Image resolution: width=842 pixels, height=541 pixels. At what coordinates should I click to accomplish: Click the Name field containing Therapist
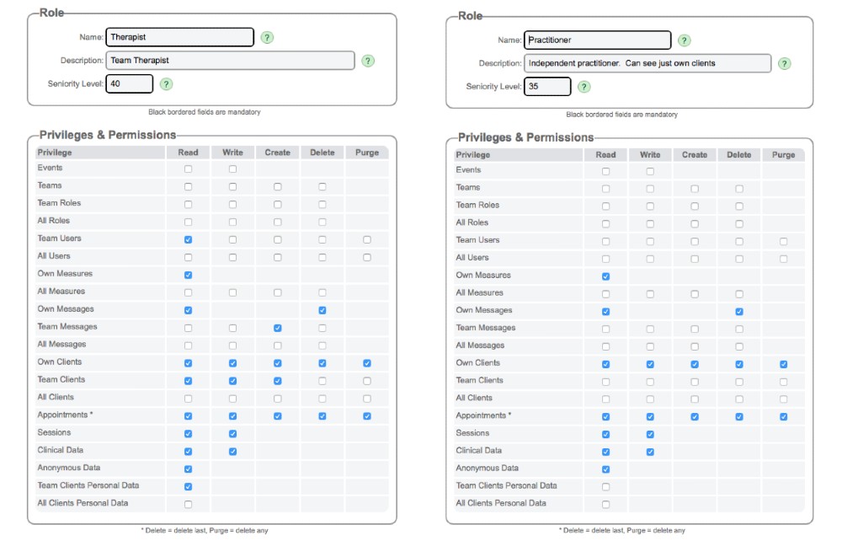179,37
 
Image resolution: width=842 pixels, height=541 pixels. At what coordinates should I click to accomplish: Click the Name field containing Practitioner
597,40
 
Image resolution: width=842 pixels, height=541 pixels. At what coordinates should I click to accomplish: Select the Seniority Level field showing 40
130,83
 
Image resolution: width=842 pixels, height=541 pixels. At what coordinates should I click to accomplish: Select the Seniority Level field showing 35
547,86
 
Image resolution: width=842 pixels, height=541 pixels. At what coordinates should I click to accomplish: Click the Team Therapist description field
230,61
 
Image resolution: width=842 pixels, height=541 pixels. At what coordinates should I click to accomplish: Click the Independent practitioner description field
647,63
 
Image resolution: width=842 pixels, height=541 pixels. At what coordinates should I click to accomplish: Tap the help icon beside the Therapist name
267,38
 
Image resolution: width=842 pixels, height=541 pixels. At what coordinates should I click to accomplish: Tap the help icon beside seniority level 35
584,87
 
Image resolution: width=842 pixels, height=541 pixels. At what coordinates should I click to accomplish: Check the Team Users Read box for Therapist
188,239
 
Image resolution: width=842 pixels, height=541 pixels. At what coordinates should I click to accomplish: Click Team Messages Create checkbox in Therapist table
277,327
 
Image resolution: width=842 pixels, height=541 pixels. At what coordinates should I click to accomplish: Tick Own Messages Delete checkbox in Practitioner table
738,311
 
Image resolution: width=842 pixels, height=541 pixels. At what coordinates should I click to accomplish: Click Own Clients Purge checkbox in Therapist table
366,362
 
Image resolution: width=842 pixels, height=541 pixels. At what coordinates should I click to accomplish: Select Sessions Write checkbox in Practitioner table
650,434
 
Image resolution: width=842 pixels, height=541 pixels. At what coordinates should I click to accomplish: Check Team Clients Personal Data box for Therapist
188,486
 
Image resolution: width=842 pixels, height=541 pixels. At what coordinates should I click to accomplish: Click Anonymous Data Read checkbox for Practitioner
605,469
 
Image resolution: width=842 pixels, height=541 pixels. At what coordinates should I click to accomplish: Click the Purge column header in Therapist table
366,153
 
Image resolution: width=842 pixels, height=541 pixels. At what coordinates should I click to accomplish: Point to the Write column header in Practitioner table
650,155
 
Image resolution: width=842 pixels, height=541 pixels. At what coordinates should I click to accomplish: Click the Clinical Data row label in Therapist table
60,450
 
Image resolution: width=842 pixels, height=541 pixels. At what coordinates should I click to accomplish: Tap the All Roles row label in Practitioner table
472,222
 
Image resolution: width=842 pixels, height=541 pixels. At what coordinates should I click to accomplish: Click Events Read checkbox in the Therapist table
188,169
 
